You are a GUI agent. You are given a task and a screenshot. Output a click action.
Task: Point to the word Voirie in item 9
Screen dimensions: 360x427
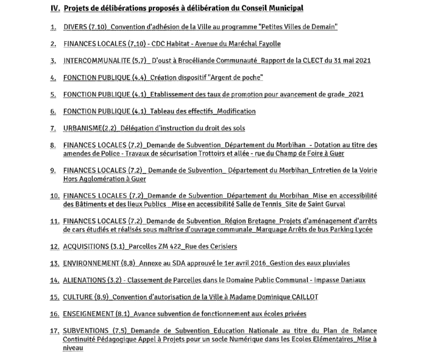[x=368, y=170]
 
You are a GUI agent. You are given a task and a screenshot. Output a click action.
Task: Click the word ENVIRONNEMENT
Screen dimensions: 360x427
[x=91, y=263]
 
